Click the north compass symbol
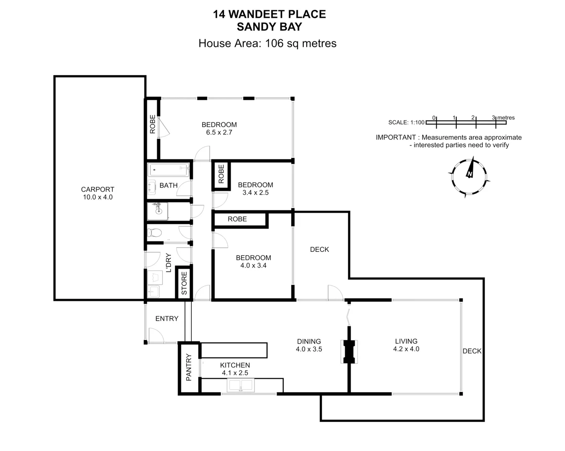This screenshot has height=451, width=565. pyautogui.click(x=469, y=176)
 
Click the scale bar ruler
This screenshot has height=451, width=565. pyautogui.click(x=466, y=123)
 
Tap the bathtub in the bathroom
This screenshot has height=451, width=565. pyautogui.click(x=169, y=170)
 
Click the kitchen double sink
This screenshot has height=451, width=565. pyautogui.click(x=240, y=385)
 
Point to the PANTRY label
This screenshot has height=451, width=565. pyautogui.click(x=189, y=367)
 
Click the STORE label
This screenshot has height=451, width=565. pyautogui.click(x=184, y=283)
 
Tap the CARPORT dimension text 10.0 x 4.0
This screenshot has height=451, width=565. pyautogui.click(x=97, y=197)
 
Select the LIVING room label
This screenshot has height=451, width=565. pyautogui.click(x=406, y=341)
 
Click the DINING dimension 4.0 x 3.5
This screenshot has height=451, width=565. pyautogui.click(x=309, y=349)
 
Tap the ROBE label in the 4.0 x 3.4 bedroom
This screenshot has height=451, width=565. pyautogui.click(x=237, y=219)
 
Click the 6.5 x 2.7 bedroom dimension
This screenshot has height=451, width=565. pyautogui.click(x=219, y=132)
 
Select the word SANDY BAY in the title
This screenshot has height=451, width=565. pyautogui.click(x=269, y=27)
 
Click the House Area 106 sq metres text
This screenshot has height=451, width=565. pyautogui.click(x=267, y=43)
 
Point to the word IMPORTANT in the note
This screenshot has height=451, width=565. pyautogui.click(x=395, y=137)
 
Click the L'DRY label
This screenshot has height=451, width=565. pyautogui.click(x=168, y=263)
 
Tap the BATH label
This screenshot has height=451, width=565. pyautogui.click(x=168, y=185)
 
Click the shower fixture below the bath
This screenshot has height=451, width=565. pyautogui.click(x=158, y=211)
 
